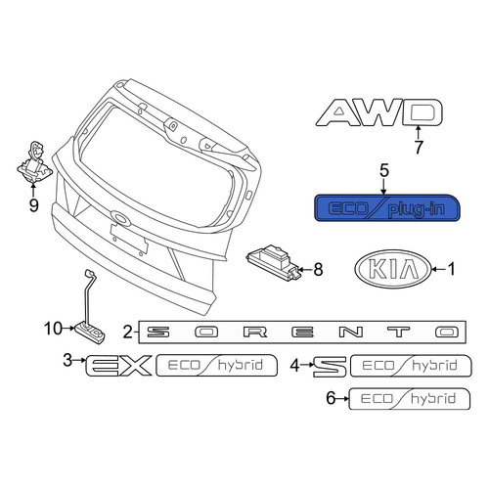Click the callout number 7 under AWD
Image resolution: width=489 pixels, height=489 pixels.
coord(419,147)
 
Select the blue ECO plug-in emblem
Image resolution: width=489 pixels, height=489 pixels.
coord(387,207)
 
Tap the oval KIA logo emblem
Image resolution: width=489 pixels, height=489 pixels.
coord(392,269)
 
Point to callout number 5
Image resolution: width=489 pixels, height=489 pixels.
coord(384,171)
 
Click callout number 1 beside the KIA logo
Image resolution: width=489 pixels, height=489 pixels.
coord(452,269)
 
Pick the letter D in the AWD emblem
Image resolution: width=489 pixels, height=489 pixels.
coord(422,112)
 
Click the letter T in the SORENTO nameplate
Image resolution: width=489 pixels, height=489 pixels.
coord(397,333)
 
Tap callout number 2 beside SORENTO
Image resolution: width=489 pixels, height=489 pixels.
coord(128,333)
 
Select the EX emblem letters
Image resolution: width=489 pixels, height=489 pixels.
coord(118,366)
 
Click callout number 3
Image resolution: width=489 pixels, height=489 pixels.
coord(67,360)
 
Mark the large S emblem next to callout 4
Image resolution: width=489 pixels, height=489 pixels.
coord(330,367)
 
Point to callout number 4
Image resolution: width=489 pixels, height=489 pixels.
coord(294,366)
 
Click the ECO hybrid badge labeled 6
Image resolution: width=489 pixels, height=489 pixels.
coord(410,398)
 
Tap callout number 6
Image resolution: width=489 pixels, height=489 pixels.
coord(331,398)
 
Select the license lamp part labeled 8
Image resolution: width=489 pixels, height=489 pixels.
coord(273,260)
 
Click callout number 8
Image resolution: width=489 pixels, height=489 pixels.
coord(318,270)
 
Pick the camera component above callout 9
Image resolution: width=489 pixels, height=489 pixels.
coord(35,161)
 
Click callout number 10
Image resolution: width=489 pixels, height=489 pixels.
coord(53,329)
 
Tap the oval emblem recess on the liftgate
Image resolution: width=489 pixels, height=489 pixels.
coord(120,217)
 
